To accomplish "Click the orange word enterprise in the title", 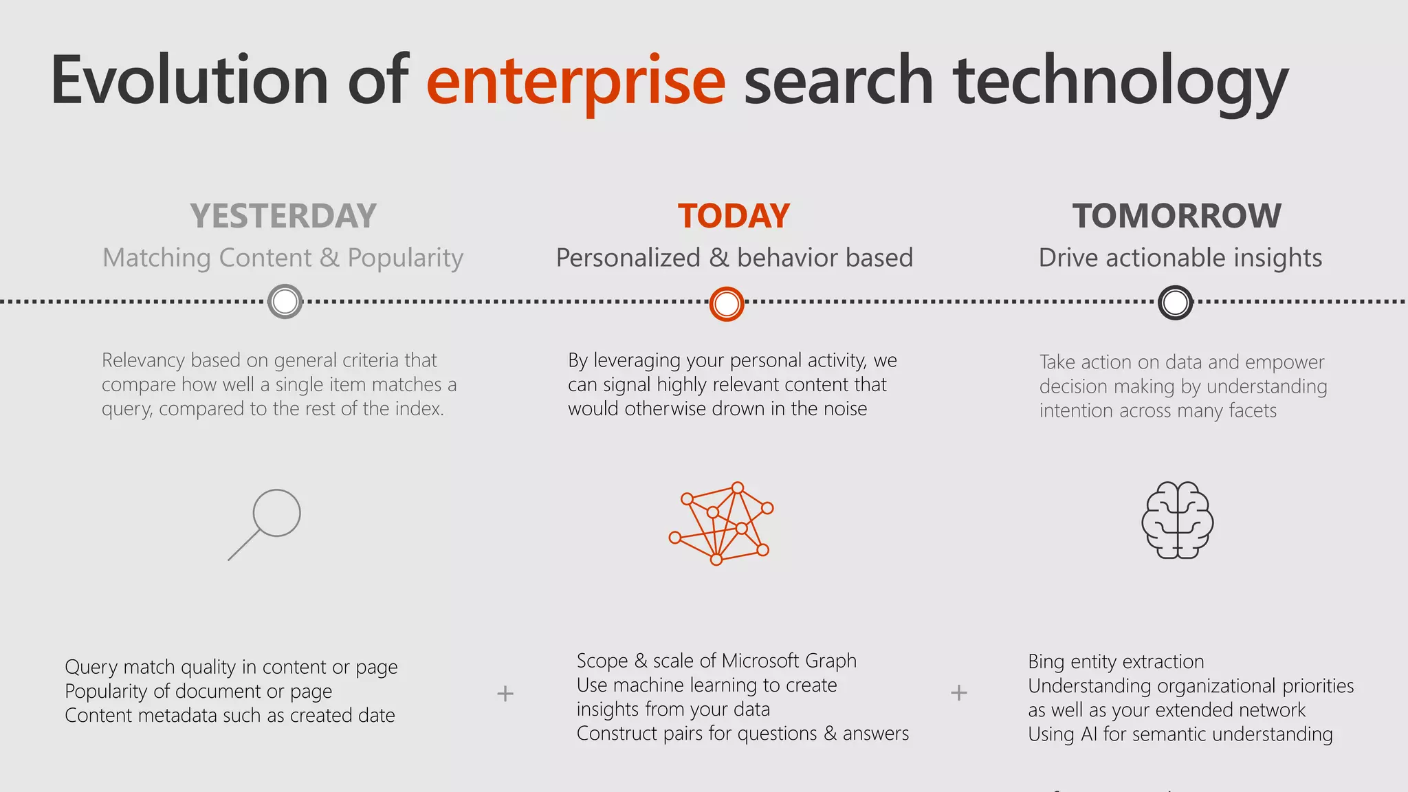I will (x=575, y=81).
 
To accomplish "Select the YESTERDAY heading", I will (x=283, y=216).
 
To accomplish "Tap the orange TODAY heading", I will (x=734, y=216).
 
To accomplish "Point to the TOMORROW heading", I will (x=1176, y=216).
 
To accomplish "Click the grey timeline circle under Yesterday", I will (x=285, y=301).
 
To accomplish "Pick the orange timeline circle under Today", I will (x=727, y=303).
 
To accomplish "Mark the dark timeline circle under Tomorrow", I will (x=1175, y=302).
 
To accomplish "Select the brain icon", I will (x=1177, y=520).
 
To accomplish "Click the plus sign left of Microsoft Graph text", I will (x=505, y=693).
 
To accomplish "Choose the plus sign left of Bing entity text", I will (x=959, y=692).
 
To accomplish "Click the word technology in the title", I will (x=1120, y=81).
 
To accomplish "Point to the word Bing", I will (x=1046, y=661).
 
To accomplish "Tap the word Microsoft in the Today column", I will (x=760, y=661).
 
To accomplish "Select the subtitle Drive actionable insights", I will (x=1180, y=258).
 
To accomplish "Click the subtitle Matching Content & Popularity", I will (x=283, y=258).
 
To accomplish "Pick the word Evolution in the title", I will (x=189, y=81).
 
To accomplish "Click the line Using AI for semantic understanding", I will (x=1180, y=734).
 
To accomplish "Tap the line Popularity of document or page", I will (x=199, y=691).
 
